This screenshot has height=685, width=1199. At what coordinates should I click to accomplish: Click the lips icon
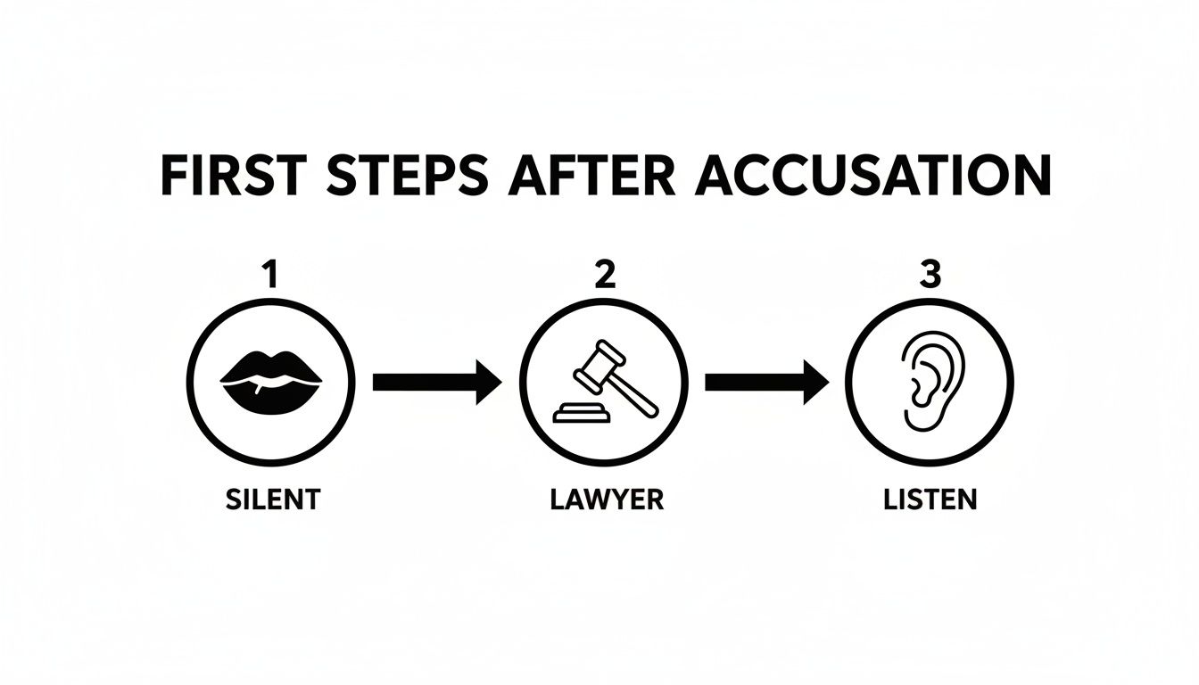(x=271, y=382)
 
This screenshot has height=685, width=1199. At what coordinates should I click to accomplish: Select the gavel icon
(x=604, y=382)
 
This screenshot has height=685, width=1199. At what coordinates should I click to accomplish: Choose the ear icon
(x=930, y=382)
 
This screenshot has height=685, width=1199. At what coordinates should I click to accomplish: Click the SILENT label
(x=271, y=499)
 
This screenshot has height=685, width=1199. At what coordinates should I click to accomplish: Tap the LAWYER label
(x=606, y=499)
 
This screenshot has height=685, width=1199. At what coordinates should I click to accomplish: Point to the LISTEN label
(x=930, y=499)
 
